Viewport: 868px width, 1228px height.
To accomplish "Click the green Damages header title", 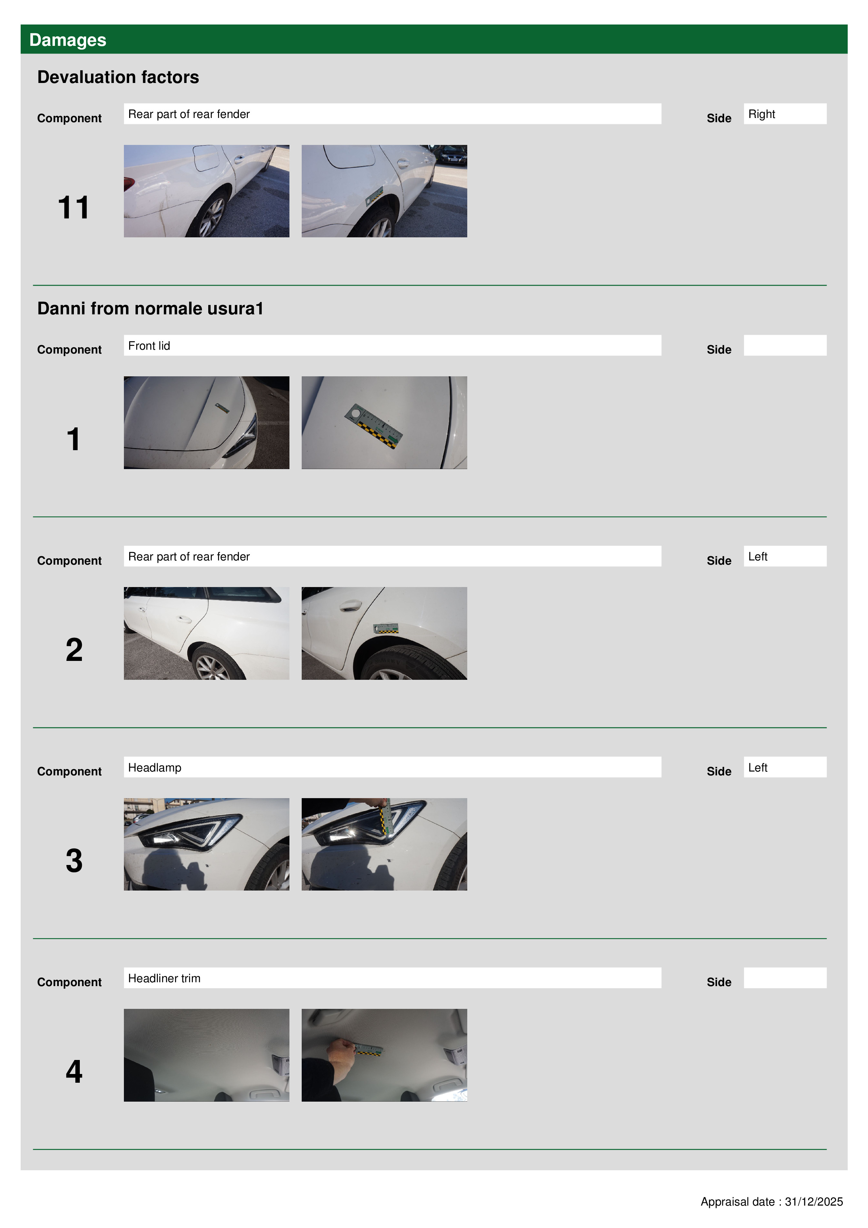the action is pos(68,40).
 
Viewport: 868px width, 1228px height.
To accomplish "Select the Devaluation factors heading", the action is pos(118,77).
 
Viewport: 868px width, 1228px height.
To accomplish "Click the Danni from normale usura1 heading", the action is pos(150,309).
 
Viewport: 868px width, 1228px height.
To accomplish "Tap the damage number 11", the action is pos(74,208).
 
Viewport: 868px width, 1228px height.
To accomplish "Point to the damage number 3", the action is pos(74,860).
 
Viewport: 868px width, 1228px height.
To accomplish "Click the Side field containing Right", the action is pos(785,114).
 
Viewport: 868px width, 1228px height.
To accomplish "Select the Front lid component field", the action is pos(392,346).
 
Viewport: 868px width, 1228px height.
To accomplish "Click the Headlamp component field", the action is pos(392,767).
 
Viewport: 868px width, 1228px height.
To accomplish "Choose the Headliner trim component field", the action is pos(392,978).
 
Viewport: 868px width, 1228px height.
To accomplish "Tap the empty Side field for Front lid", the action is pos(785,346).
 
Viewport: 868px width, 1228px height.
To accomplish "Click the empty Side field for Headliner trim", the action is pos(785,978).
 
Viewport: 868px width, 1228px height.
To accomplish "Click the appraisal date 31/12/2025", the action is pos(813,1202).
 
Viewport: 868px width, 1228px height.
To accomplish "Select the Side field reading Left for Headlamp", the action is pos(785,767).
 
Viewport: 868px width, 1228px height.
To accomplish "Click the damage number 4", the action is pos(74,1071).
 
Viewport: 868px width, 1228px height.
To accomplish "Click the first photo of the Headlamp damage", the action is pos(206,844).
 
